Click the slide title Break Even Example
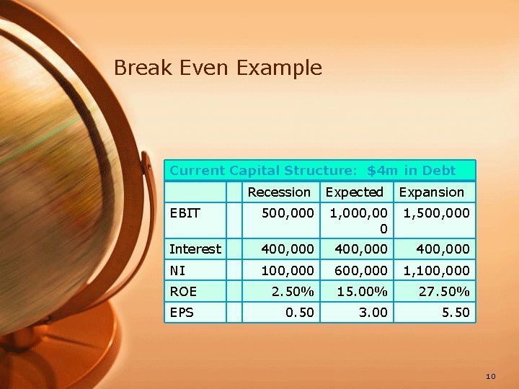coord(218,68)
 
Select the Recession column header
coord(279,192)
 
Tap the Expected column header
coord(354,192)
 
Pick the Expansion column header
coord(431,192)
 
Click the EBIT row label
coord(185,213)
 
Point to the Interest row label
coord(195,249)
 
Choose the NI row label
coord(178,270)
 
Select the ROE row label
coord(183,291)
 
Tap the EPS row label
coord(182,312)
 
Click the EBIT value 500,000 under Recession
coord(288,213)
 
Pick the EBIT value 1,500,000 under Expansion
coord(437,213)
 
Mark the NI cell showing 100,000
coord(288,270)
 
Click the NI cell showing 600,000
coord(360,270)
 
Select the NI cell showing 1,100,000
coord(437,270)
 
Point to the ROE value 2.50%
coord(293,291)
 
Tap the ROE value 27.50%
coord(444,291)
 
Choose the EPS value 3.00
coord(373,312)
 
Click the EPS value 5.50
coord(455,312)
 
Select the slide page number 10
coord(491,376)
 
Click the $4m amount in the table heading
coord(381,171)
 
